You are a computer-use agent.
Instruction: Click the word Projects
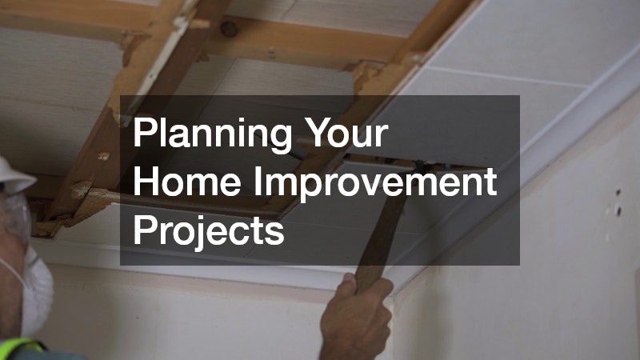(209, 231)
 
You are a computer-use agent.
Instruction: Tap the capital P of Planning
(142, 132)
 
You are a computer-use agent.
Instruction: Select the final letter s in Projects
(275, 231)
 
